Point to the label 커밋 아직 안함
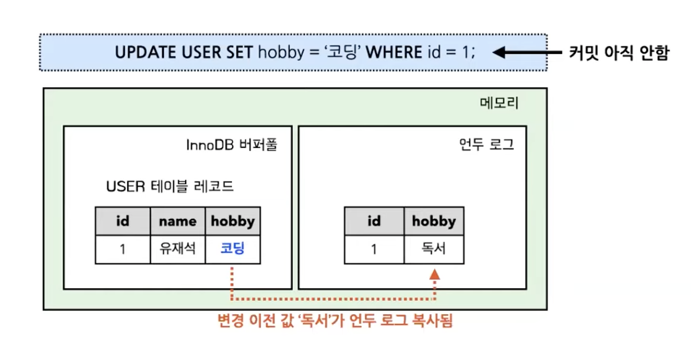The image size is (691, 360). point(619,53)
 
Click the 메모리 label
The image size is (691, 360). point(498,104)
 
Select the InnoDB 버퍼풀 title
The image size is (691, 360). point(231,144)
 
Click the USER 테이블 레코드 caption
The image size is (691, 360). point(170,187)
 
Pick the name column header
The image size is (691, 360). point(178,221)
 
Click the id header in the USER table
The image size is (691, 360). point(123,221)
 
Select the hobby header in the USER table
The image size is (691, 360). point(233,221)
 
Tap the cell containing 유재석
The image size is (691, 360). point(178,249)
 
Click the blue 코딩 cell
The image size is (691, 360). point(233,249)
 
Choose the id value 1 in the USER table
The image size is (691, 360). point(123,249)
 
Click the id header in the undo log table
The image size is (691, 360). point(374,221)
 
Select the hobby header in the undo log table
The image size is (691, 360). point(434,221)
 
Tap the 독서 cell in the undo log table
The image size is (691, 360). point(434,249)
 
